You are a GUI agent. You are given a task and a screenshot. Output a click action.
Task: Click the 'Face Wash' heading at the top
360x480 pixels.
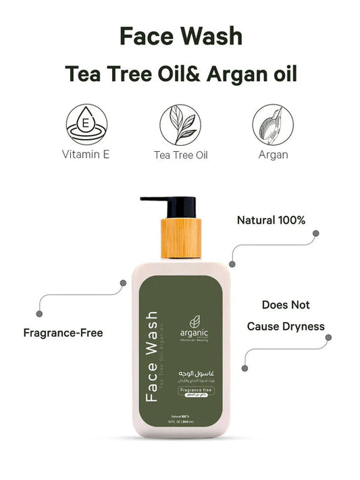point(180,36)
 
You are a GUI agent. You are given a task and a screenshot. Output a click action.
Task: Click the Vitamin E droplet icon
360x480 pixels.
point(86,124)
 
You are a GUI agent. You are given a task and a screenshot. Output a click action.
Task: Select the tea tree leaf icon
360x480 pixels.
point(180,124)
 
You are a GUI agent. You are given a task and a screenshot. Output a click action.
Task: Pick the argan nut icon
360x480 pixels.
point(273,124)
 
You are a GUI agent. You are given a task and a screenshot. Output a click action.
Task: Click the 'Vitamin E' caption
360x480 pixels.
point(86,155)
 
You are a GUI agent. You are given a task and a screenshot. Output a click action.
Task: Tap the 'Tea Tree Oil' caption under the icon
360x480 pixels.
point(180,155)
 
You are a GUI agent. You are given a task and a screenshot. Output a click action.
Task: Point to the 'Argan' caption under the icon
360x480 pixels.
point(273,155)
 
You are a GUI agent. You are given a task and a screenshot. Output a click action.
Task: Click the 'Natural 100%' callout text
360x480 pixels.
point(271,220)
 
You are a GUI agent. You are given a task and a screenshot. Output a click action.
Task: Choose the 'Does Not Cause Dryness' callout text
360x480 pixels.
point(285,316)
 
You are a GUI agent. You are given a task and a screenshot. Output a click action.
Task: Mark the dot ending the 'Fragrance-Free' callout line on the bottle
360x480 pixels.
point(122,282)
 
